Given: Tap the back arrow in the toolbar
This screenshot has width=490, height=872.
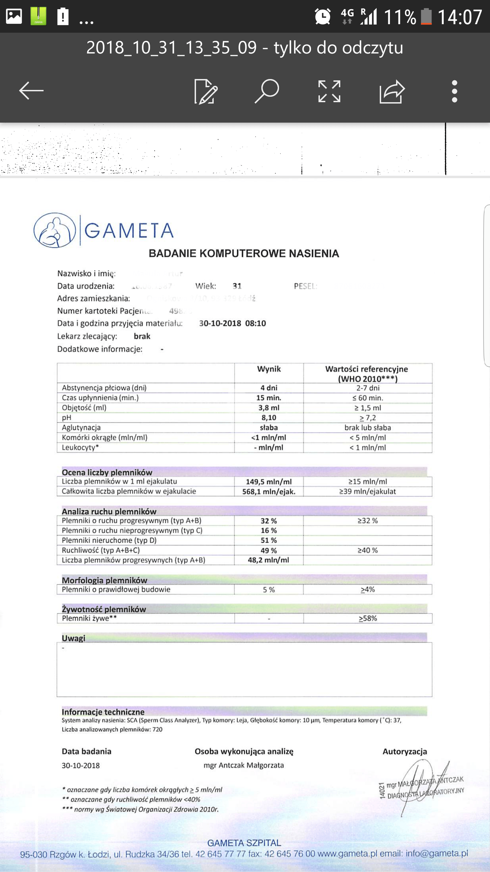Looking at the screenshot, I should coord(31,91).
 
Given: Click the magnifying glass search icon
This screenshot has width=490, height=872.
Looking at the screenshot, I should coord(267,91).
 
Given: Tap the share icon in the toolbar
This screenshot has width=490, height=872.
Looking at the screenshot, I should coord(392,91).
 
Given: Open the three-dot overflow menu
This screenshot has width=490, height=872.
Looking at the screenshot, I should coord(454,91).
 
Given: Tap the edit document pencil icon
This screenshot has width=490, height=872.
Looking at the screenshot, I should coord(206,91).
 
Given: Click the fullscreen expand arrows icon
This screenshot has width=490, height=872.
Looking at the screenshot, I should coord(329,91).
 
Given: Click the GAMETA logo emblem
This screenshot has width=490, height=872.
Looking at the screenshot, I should coord(54,230).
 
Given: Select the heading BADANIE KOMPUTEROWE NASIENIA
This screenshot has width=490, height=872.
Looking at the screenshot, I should coord(244,253).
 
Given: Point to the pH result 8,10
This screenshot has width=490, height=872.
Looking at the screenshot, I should coord(269,418).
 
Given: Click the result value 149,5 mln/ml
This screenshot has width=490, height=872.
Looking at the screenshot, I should coord(269,482).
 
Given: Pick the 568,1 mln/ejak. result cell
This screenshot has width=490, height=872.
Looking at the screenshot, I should coord(269,492).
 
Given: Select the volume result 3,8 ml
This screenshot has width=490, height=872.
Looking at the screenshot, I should coord(269,408).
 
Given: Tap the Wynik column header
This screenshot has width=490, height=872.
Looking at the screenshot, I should coord(269,369).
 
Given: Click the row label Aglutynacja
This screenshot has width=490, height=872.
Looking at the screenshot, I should coord(81,427).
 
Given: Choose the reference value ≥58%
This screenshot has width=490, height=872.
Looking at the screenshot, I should coord(367,619).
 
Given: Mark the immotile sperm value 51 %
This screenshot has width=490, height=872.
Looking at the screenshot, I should coord(269,541).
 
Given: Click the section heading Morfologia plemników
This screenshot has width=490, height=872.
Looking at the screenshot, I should coord(104,580).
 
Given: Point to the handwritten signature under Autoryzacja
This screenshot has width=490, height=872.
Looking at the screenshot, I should coord(422,783).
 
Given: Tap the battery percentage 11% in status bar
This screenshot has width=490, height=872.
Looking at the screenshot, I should coord(400,17).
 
